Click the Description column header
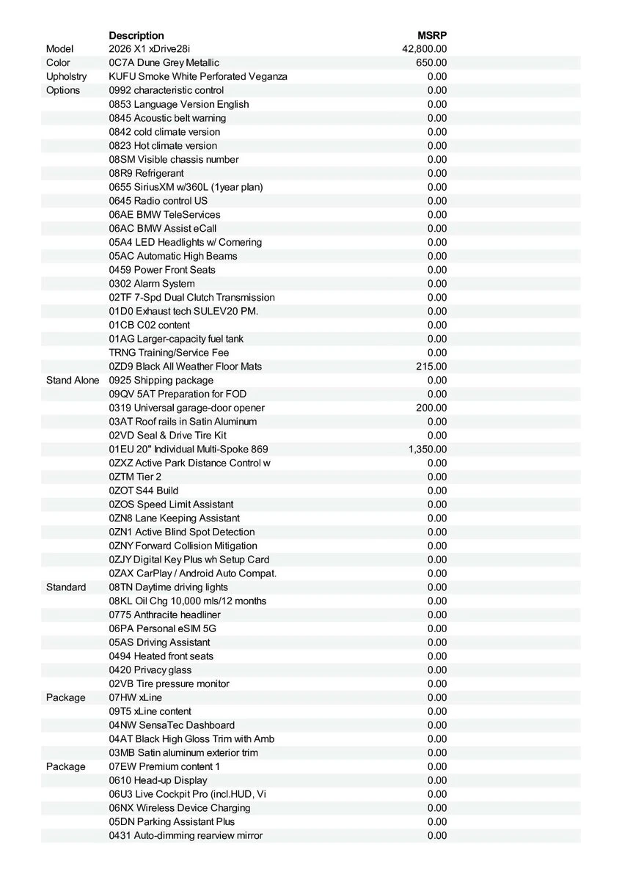click(136, 35)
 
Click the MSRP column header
click(432, 35)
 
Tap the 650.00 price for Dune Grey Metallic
click(431, 63)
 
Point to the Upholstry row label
click(66, 77)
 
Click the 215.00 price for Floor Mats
click(431, 367)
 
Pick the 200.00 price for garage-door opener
click(431, 408)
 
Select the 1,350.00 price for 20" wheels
click(428, 450)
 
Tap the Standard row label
click(66, 587)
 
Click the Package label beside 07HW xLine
click(66, 697)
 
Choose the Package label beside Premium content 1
click(66, 766)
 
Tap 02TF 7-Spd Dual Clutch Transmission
click(191, 298)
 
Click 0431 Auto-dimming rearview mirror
click(186, 835)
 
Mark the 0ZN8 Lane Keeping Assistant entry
click(174, 518)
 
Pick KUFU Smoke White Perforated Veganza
click(198, 77)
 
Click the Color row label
click(58, 63)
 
